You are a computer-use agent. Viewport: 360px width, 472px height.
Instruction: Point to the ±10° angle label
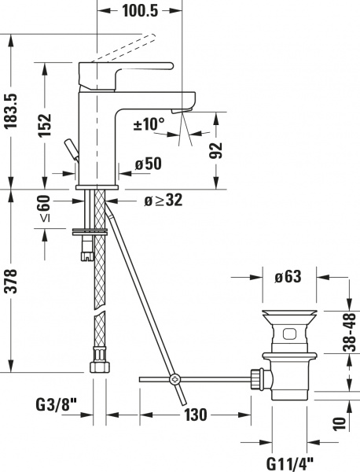(149, 124)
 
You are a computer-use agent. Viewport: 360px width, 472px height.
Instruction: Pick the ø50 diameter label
(148, 164)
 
